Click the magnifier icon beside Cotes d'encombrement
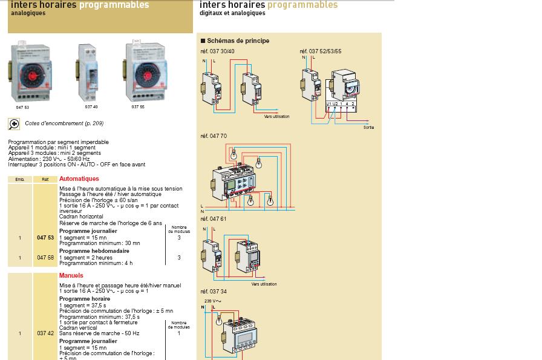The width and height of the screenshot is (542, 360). click(14, 123)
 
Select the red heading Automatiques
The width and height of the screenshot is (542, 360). click(79, 179)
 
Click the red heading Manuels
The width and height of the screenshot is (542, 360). click(71, 275)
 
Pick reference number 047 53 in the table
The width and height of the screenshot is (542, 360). click(45, 238)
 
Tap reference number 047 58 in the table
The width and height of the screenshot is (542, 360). click(45, 258)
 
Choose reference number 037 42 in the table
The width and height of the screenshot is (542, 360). click(45, 333)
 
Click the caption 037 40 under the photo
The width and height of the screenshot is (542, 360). click(91, 107)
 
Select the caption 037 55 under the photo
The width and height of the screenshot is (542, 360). click(138, 107)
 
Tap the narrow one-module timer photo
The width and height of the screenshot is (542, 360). click(88, 73)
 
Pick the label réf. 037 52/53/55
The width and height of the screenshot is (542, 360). click(321, 52)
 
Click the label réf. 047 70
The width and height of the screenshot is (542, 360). click(214, 137)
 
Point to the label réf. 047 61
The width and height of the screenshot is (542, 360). click(214, 219)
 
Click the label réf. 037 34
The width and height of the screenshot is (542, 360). click(214, 292)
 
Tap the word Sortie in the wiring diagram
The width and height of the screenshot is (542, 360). click(368, 128)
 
